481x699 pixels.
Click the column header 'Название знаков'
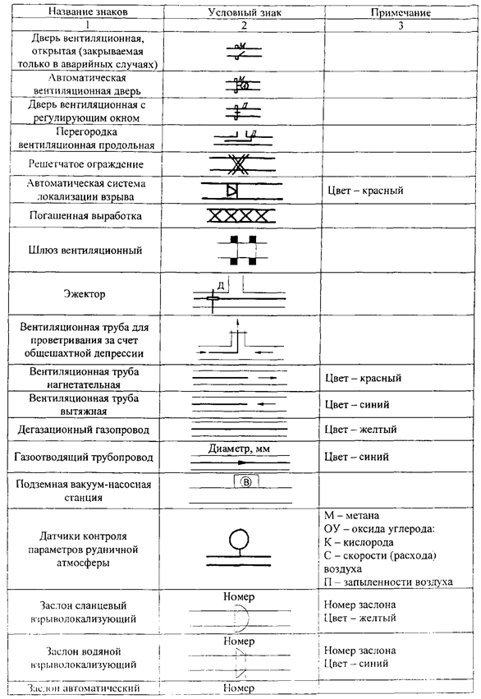coord(88,11)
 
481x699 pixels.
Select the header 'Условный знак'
coord(245,12)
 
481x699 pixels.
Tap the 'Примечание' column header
coord(401,12)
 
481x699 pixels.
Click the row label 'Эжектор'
coord(85,294)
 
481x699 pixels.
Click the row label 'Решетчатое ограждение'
coord(86,164)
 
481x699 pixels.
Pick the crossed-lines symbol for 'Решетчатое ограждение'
coord(239,164)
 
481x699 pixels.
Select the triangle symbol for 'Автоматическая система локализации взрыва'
coord(231,191)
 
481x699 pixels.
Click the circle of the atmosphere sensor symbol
coord(239,539)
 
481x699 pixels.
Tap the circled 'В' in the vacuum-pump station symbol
coord(246,482)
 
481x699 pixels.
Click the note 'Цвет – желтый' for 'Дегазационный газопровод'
coord(360,430)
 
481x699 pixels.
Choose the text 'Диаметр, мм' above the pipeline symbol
coord(239,449)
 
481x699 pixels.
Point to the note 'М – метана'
coord(351,515)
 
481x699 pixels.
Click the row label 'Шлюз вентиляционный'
coord(85,250)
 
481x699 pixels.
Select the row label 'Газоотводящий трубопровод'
coord(84,457)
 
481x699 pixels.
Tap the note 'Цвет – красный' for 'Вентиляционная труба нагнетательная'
coord(363,378)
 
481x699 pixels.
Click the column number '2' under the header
coord(244,25)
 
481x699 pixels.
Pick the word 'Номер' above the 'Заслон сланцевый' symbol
coord(239,596)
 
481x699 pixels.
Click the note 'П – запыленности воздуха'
coord(388,582)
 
